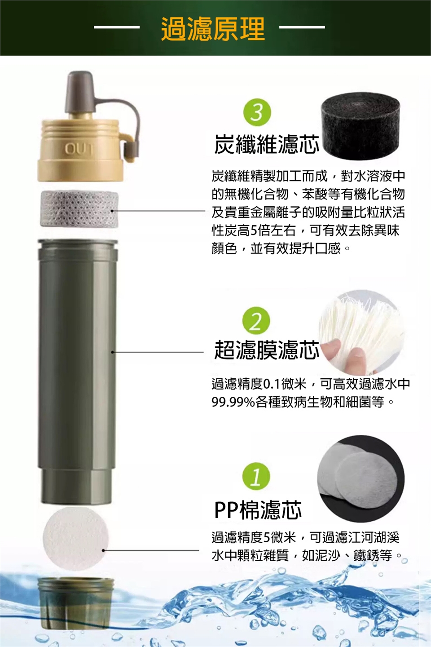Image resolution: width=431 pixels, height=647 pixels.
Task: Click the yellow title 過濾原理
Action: pos(213,28)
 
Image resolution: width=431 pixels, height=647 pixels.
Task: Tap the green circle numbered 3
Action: pos(257,113)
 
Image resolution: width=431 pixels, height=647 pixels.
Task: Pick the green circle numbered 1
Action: pos(256,477)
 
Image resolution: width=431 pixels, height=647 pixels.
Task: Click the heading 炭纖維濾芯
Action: pos(267,144)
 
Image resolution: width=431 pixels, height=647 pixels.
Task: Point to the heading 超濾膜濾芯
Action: pos(267,350)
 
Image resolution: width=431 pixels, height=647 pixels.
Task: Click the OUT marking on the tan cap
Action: pos(79,149)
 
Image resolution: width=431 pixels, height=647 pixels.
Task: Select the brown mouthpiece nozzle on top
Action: pos(79,92)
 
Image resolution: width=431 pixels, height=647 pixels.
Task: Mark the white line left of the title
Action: pos(117,28)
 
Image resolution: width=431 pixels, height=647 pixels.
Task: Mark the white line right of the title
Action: pos(302,28)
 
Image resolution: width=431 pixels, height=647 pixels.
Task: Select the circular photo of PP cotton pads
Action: pos(361,479)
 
